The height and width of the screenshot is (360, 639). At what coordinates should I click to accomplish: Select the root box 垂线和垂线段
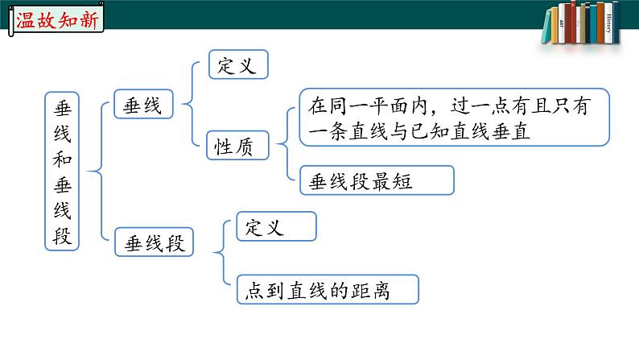(62, 170)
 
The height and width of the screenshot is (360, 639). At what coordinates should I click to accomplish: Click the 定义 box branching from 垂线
(237, 65)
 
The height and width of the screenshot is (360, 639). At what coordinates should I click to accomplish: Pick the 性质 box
(237, 145)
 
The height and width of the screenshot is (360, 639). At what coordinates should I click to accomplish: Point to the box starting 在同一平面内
(453, 118)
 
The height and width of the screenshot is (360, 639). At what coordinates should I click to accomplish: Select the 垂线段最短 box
(377, 180)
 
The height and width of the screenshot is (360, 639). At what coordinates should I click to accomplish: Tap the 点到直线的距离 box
(328, 290)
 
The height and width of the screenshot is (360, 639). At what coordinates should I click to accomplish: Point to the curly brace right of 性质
(284, 145)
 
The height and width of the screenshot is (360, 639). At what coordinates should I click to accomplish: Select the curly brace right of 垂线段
(221, 254)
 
